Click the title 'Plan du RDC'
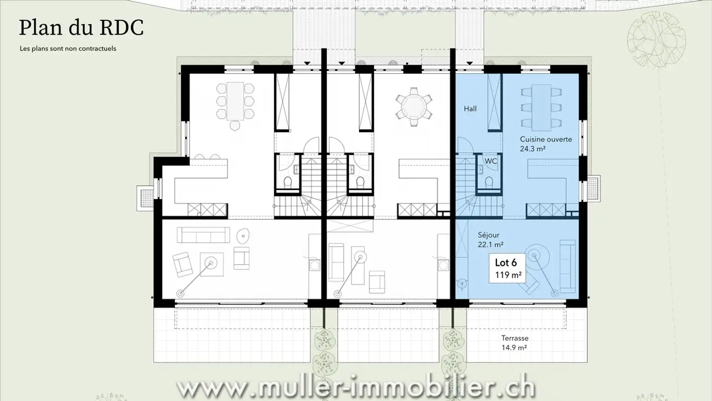coord(81,28)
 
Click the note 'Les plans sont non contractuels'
coord(68,49)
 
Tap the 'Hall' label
coord(470,108)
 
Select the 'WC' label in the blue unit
coord(490,161)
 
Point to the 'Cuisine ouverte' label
coord(545,139)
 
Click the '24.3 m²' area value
coord(532,149)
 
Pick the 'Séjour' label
coord(489,235)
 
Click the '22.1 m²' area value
coord(491,245)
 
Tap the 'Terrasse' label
coord(515,338)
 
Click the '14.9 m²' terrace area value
coord(514,348)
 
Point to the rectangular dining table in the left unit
coord(234,101)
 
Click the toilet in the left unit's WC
coord(287,182)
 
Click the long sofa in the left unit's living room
coord(203,235)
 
